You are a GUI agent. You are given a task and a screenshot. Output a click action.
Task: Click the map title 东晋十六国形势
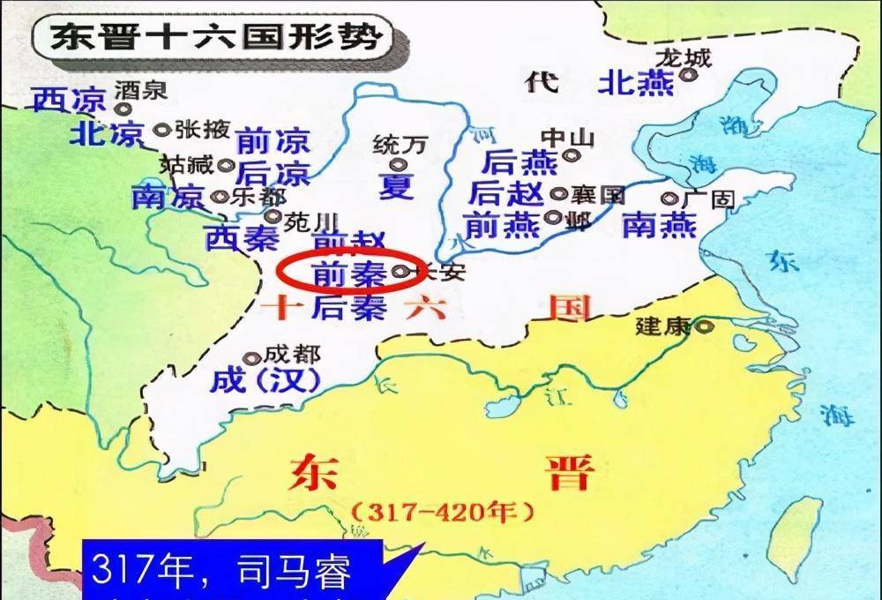(215, 37)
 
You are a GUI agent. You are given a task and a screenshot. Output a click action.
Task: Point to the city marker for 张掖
(161, 130)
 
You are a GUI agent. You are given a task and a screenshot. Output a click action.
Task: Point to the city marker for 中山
(572, 156)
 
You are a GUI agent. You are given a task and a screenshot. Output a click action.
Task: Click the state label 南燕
(659, 226)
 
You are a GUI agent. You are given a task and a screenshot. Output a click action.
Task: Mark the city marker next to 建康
(703, 326)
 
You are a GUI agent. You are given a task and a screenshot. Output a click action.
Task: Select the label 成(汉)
(265, 381)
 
